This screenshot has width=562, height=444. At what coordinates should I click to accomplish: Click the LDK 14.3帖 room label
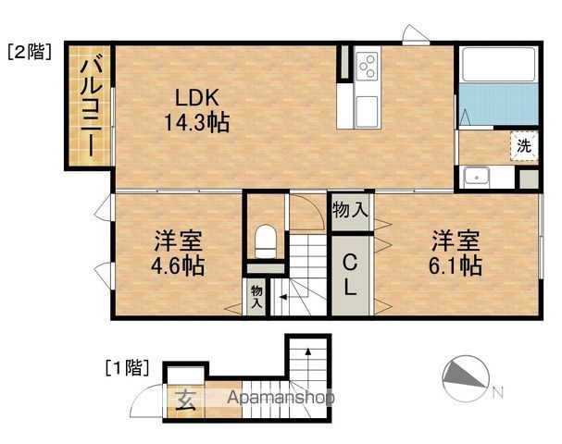coord(197,110)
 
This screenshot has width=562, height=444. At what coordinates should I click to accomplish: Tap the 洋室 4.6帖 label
coord(178,253)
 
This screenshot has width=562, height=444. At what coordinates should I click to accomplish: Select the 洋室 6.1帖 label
coord(456,253)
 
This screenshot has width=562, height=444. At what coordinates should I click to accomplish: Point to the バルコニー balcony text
coord(92,108)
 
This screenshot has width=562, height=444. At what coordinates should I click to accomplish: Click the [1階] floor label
coord(127,368)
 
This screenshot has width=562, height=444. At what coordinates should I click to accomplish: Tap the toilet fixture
coord(266,241)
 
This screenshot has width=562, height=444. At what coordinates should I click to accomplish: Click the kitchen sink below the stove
coord(367,111)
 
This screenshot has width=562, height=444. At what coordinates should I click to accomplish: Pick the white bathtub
coord(498,65)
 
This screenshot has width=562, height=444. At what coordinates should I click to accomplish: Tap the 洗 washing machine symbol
coord(524,145)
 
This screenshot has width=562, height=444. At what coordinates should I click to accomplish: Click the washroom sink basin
coord(476,178)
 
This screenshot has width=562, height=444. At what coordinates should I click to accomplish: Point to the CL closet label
coord(350,275)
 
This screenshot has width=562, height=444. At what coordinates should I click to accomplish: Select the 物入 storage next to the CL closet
coord(350,210)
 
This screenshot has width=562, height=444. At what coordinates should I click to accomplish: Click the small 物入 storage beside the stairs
coord(256,297)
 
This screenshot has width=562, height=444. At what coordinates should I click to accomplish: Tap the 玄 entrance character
coord(186,400)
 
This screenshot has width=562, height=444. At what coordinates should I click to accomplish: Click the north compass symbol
coord(466,378)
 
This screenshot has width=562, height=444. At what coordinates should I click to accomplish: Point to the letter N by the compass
coord(497,392)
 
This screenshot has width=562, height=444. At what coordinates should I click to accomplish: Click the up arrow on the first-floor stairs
coord(308,361)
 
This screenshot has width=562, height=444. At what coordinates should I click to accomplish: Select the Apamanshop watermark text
coord(281,398)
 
